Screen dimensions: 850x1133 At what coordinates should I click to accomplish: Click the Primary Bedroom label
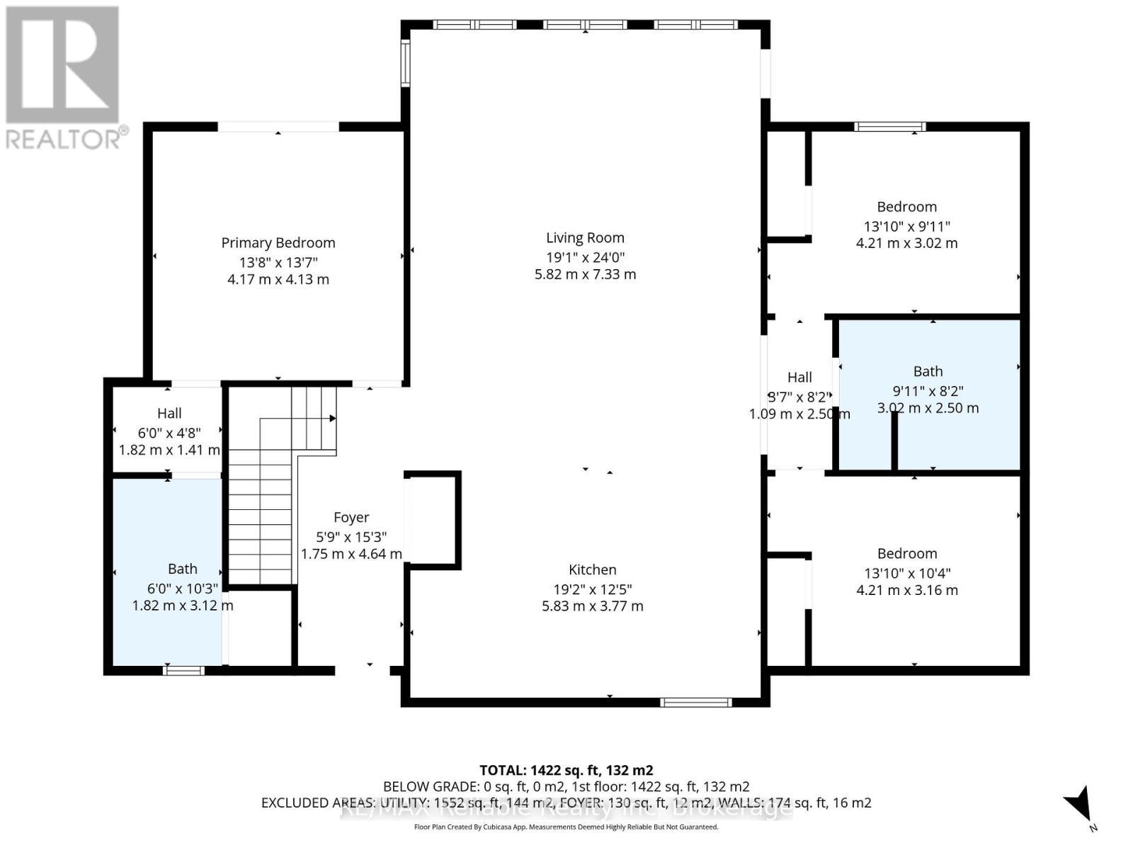click(278, 243)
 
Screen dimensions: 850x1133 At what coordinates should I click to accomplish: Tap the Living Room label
click(585, 238)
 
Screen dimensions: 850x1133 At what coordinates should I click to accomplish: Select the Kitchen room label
click(592, 569)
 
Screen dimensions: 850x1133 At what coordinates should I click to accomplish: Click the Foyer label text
click(351, 518)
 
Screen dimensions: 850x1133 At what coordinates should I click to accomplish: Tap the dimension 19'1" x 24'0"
click(585, 257)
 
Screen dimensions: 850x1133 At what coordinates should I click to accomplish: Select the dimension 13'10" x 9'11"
click(906, 227)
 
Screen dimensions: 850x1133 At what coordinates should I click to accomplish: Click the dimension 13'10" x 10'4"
click(906, 573)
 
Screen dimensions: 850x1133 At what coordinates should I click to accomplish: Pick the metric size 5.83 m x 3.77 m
click(592, 606)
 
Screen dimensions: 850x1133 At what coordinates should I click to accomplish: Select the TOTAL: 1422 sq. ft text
click(566, 770)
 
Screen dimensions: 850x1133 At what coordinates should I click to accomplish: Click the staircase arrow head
click(332, 418)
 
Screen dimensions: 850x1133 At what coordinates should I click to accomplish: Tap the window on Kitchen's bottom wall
click(695, 702)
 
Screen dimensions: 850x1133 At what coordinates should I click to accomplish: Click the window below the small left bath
click(183, 670)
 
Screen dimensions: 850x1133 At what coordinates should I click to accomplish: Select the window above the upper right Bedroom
click(889, 127)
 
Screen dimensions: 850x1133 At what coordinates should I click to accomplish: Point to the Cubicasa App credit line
click(566, 827)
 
